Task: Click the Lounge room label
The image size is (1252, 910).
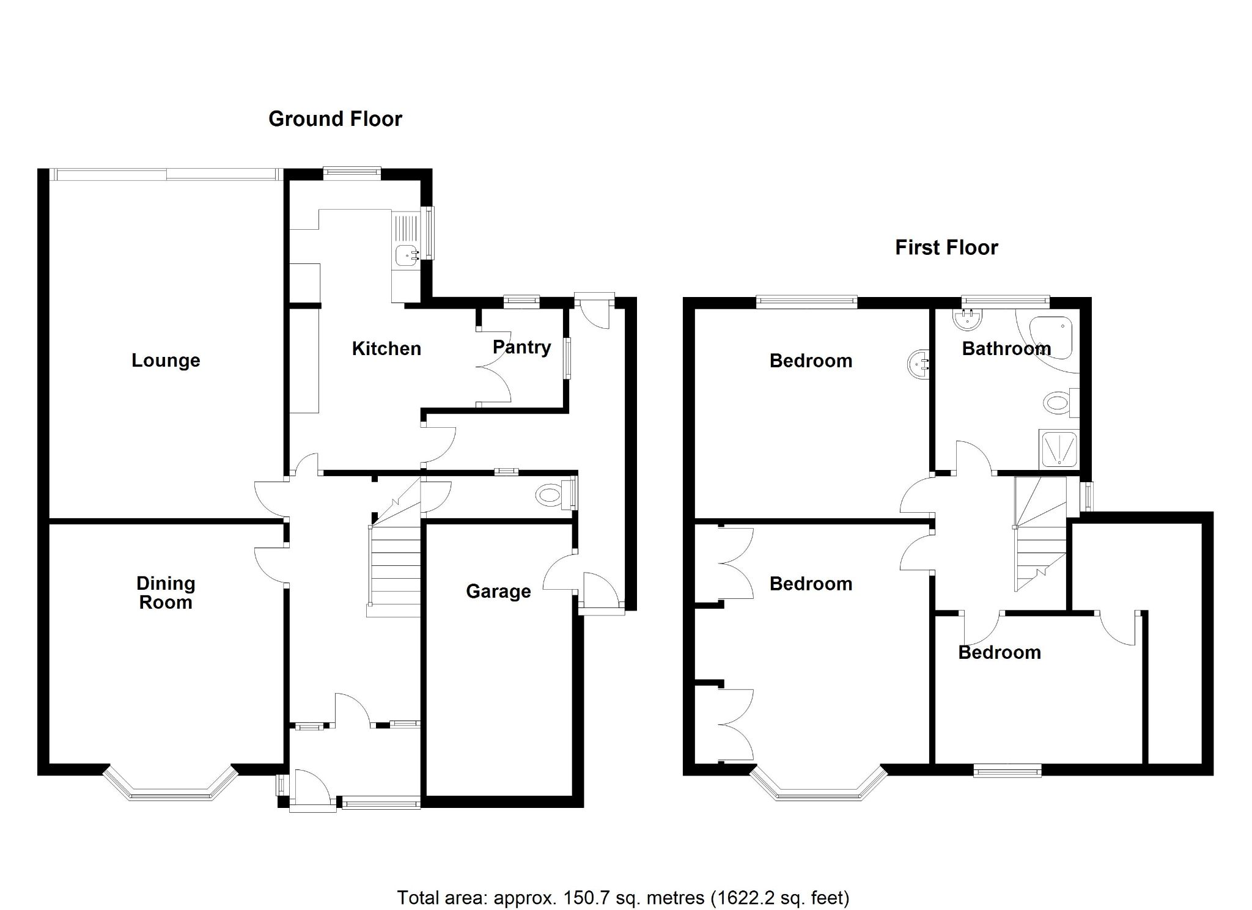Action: point(166,361)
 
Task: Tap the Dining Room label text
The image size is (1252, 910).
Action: point(166,593)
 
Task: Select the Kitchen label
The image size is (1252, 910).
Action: point(386,349)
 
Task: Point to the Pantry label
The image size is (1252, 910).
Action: point(521,347)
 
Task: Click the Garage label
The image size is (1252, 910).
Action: point(498,592)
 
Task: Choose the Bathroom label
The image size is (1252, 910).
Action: point(1006,349)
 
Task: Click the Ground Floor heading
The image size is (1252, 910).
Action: point(335,119)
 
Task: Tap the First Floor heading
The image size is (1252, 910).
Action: point(946,248)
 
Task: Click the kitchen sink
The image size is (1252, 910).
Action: point(405,254)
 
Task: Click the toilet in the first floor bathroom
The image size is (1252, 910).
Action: point(1058,403)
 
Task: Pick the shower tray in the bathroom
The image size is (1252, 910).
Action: point(1059,449)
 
